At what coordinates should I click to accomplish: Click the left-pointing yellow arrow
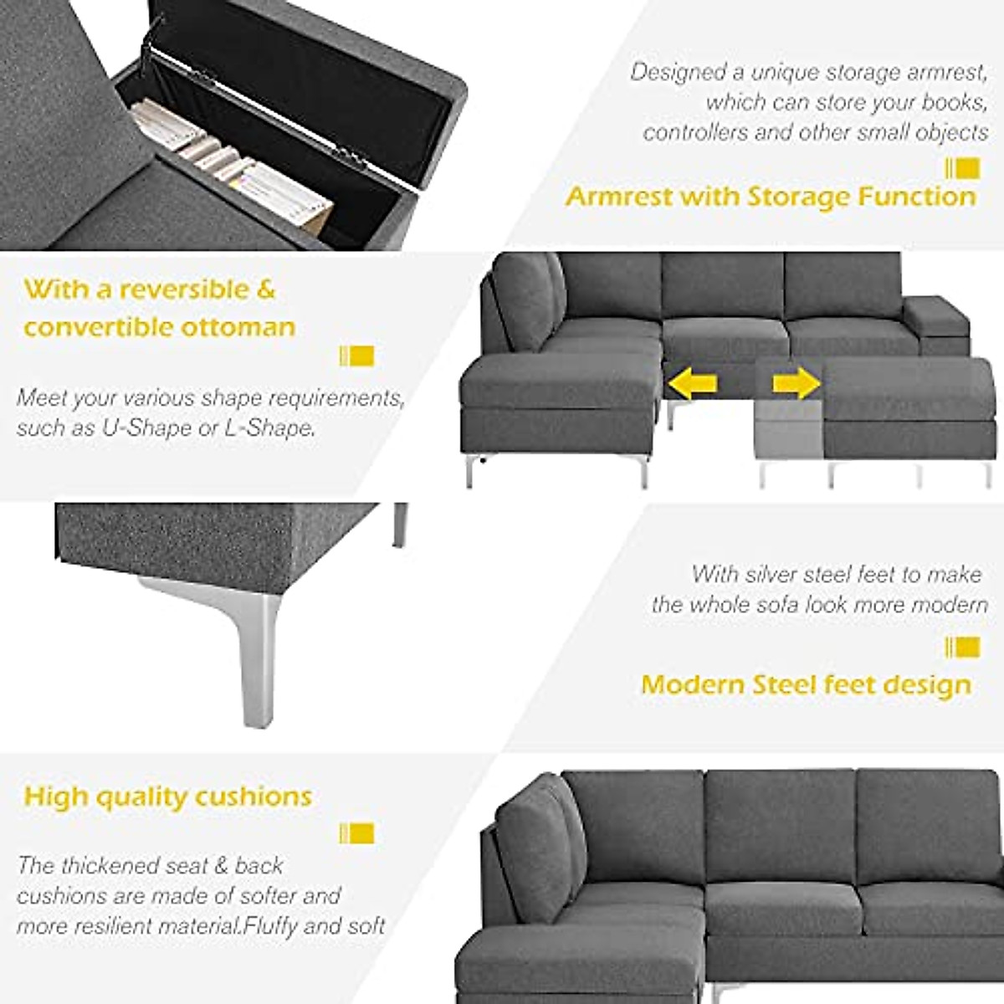point(692,384)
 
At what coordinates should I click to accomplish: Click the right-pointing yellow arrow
point(796,384)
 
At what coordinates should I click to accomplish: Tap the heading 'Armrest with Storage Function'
point(771,197)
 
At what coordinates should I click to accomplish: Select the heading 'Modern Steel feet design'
point(806,684)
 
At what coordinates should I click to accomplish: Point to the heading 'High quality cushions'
point(168,797)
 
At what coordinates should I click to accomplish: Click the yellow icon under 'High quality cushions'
point(356,833)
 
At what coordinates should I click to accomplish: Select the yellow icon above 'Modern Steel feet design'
point(962,647)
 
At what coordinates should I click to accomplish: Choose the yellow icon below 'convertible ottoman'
point(356,356)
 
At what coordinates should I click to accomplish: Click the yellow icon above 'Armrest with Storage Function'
point(962,168)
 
